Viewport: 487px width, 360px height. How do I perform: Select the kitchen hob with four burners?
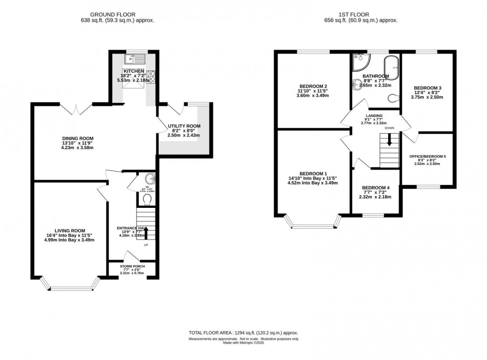coord(152,76)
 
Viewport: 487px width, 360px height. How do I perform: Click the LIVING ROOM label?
coord(69,230)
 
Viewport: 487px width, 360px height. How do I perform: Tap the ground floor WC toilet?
coord(147,200)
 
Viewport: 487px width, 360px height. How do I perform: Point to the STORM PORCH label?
coord(132,267)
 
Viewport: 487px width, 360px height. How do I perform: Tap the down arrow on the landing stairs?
coord(389,141)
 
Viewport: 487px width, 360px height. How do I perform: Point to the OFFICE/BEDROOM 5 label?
coord(427,157)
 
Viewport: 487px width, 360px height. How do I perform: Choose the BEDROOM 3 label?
coord(427,88)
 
